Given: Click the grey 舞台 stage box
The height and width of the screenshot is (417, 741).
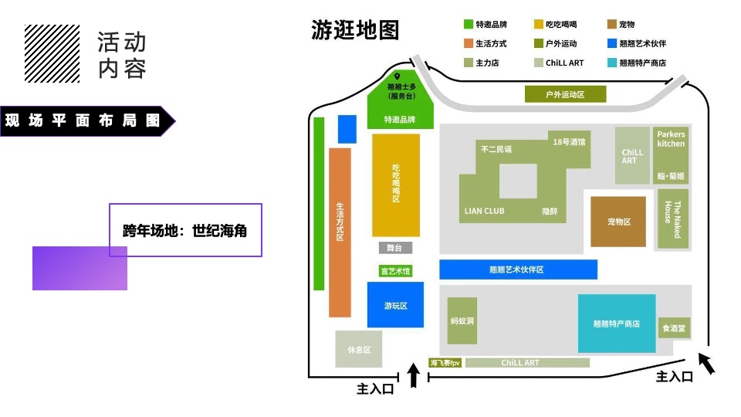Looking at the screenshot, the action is [395, 248].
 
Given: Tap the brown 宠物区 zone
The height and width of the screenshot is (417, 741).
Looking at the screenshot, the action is [618, 222].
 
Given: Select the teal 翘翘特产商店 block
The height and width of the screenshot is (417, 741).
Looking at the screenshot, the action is [617, 324].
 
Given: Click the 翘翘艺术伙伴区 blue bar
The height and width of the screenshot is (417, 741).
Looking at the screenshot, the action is [519, 270].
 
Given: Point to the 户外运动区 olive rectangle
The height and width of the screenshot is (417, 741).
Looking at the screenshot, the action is [565, 94].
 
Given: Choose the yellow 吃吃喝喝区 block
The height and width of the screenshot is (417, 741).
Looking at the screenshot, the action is [396, 185].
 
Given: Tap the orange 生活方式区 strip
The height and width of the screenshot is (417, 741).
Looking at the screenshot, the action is [340, 232].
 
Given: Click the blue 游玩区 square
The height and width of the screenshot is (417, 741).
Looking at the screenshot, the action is [395, 304].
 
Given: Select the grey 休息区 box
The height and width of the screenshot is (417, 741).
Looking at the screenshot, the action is [359, 349].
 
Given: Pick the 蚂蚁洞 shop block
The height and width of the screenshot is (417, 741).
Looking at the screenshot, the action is [462, 320].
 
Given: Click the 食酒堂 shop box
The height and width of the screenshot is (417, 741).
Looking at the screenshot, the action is [674, 327].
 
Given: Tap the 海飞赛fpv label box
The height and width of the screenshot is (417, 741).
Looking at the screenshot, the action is [445, 363].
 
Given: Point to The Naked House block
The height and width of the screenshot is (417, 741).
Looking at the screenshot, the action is [673, 219].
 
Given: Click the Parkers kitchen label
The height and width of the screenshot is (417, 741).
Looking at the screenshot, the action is [671, 139].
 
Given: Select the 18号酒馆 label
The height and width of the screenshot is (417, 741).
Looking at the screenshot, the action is [569, 142].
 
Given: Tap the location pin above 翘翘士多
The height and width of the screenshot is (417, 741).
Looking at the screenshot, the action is [397, 76].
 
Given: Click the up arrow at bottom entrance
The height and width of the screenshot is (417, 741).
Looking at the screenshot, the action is [414, 375].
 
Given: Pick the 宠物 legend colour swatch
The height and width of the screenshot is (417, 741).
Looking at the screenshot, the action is [612, 24].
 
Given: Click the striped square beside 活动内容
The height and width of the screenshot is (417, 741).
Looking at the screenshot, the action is [52, 53].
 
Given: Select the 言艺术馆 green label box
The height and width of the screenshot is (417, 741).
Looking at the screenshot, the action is [395, 271].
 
